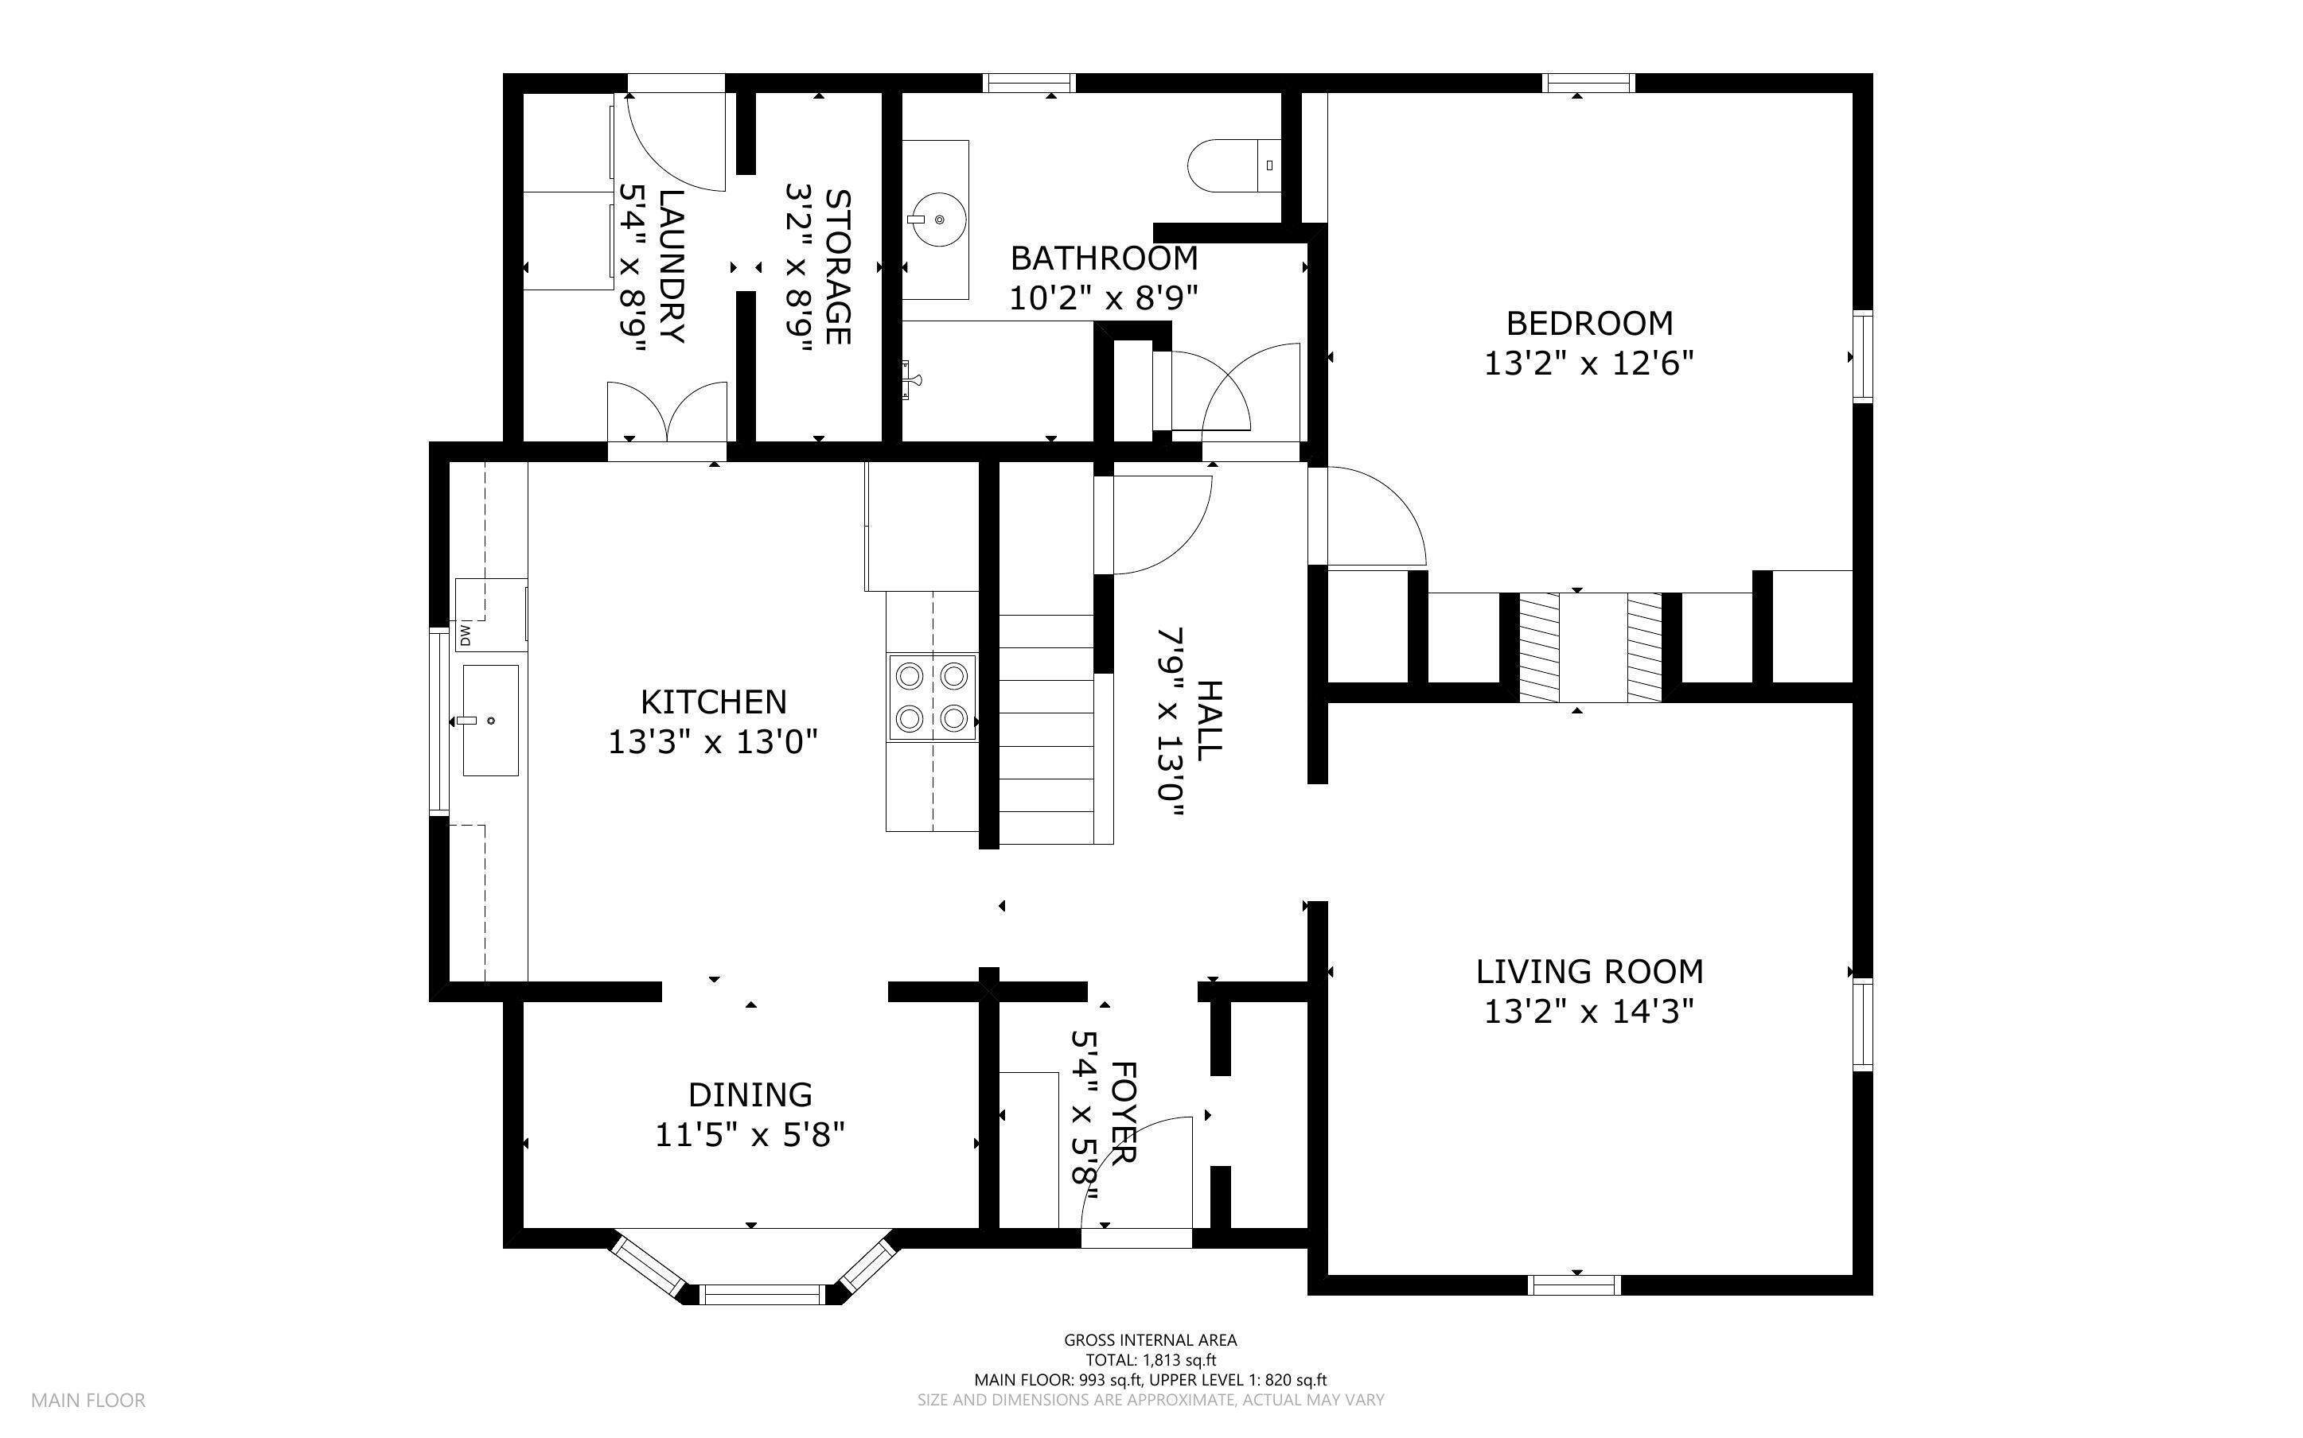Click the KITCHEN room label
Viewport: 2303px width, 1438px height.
click(714, 702)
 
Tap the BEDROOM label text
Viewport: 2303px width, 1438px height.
click(1589, 324)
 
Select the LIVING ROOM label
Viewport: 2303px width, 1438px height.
click(1589, 971)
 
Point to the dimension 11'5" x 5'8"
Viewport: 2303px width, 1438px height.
click(750, 1135)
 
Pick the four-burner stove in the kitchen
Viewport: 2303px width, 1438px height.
click(932, 697)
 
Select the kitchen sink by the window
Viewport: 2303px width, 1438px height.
click(491, 720)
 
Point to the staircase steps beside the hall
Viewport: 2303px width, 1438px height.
click(1046, 729)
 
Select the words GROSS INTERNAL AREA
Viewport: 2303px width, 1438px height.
click(1150, 1340)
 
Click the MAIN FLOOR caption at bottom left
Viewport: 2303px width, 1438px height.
click(88, 1400)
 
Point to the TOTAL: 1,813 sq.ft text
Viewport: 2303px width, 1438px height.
click(1151, 1360)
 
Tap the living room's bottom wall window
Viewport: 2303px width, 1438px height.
click(1573, 1284)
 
